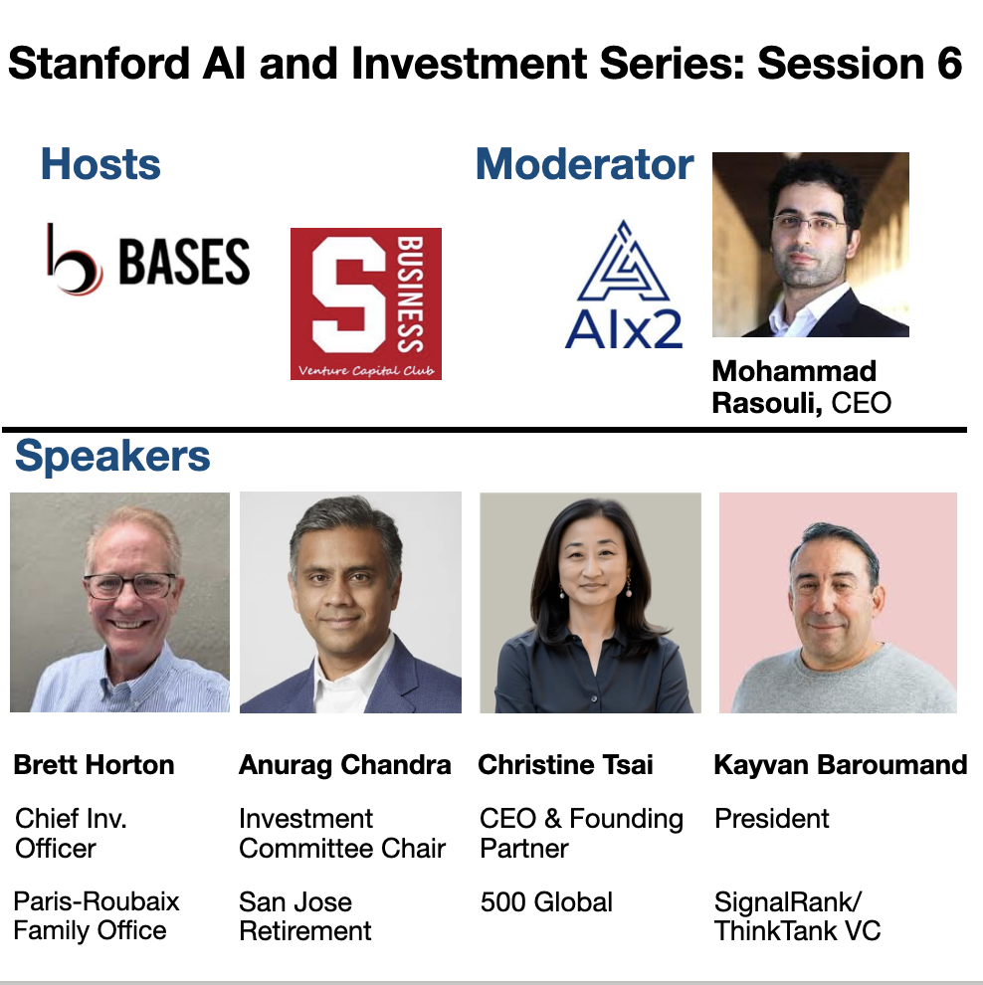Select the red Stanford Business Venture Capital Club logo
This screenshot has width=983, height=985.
[x=365, y=303]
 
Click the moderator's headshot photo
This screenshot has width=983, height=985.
[x=810, y=245]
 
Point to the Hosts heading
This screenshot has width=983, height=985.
[x=100, y=164]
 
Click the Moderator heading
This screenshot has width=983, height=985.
[x=584, y=164]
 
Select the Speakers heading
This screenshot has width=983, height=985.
[x=112, y=457]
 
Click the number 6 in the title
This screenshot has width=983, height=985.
[x=947, y=65]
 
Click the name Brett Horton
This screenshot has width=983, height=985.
[x=94, y=765]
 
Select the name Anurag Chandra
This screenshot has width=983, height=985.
[x=344, y=765]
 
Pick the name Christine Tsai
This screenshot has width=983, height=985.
[x=565, y=765]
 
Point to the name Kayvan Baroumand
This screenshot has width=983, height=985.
[x=841, y=765]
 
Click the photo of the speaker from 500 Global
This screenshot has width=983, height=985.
[x=590, y=602]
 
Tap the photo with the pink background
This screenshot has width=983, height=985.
[x=838, y=602]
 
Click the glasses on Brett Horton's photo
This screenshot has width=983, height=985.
[x=129, y=585]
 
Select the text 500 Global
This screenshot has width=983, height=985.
[x=546, y=902]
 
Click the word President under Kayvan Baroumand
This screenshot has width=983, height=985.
[x=772, y=819]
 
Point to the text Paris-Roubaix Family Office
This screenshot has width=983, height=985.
[x=96, y=916]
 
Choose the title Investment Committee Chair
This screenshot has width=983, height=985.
[x=342, y=834]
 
